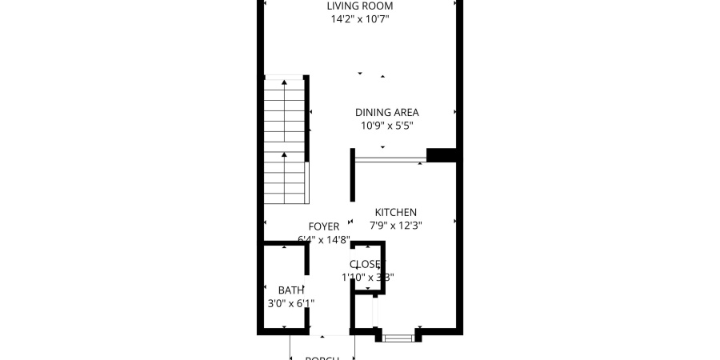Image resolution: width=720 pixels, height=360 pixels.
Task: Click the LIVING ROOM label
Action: pos(359,6)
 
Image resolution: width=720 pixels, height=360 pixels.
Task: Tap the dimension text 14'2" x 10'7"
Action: pos(359,19)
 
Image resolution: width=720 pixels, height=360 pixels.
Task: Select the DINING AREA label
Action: pos(386,113)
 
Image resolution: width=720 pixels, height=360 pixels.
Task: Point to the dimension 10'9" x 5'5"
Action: pos(386,126)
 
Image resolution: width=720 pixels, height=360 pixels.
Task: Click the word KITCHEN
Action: pos(396,212)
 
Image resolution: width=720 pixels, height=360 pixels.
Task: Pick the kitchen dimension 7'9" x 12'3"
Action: pos(396,226)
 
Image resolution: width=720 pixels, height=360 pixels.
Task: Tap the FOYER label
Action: pos(324,226)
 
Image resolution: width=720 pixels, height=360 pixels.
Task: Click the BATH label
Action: pos(290,290)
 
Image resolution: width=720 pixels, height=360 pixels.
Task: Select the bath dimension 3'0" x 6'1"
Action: pos(290,303)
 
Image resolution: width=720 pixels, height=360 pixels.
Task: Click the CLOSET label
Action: pos(367,264)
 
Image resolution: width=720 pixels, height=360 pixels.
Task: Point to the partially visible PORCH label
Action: pos(323,358)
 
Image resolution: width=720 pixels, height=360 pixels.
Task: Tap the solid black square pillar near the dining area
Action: pos(440,155)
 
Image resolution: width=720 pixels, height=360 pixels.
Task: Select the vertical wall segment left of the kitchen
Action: pos(353,174)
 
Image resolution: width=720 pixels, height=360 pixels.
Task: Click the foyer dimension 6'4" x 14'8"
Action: pos(324,239)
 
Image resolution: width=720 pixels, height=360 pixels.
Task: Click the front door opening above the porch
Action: pos(329,332)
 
